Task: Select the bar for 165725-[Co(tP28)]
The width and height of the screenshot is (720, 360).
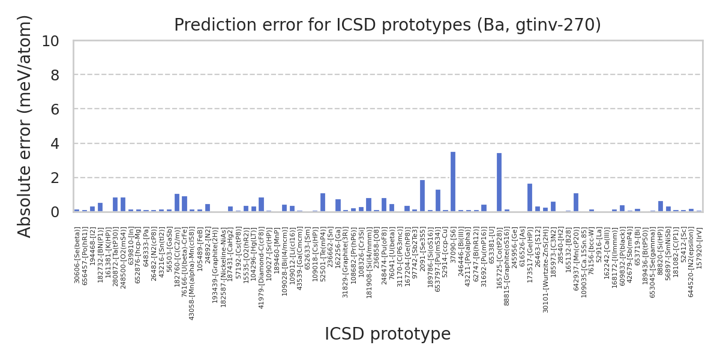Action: coord(499,182)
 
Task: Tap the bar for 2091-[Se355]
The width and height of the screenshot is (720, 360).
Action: coord(422,196)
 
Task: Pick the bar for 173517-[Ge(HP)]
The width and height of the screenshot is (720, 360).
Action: coord(530,197)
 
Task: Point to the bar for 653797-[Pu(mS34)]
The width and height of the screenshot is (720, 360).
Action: coord(438,200)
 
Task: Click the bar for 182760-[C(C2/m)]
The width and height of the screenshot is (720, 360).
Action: coord(177,203)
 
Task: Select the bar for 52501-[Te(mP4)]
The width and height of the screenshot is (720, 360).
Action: coord(323,202)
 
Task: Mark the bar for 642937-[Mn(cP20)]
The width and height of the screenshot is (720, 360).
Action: coord(576,202)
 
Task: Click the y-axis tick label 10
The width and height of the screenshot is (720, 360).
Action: coord(50,41)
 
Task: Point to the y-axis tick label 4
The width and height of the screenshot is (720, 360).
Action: coord(55,144)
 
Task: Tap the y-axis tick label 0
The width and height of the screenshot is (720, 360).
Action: coord(55,212)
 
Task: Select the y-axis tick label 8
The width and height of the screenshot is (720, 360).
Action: coord(55,75)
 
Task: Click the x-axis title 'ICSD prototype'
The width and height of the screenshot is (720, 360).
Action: coord(388,334)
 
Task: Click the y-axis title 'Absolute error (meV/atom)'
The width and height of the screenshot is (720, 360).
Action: coord(25,126)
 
